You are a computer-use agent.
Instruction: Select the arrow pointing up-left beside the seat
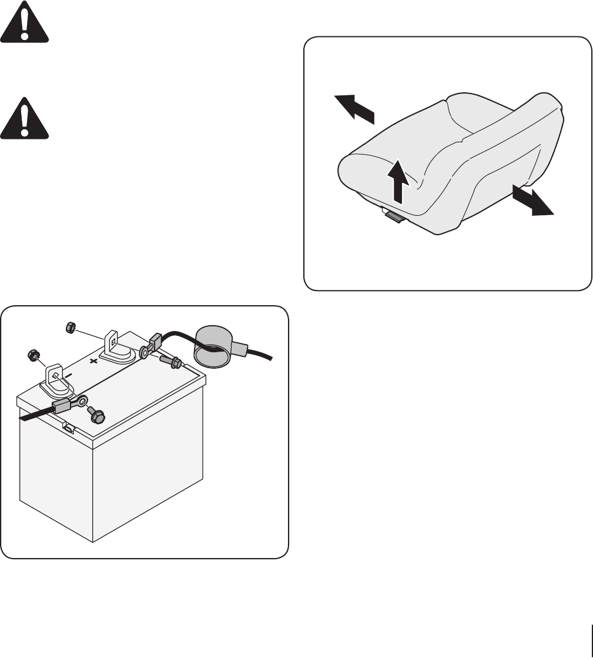click(354, 108)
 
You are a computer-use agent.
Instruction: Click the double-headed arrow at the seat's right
click(532, 201)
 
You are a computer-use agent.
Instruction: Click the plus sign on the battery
click(93, 362)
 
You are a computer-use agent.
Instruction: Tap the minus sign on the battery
click(69, 374)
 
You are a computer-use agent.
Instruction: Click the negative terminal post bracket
click(54, 379)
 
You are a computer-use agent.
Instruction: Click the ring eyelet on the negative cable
click(83, 401)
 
